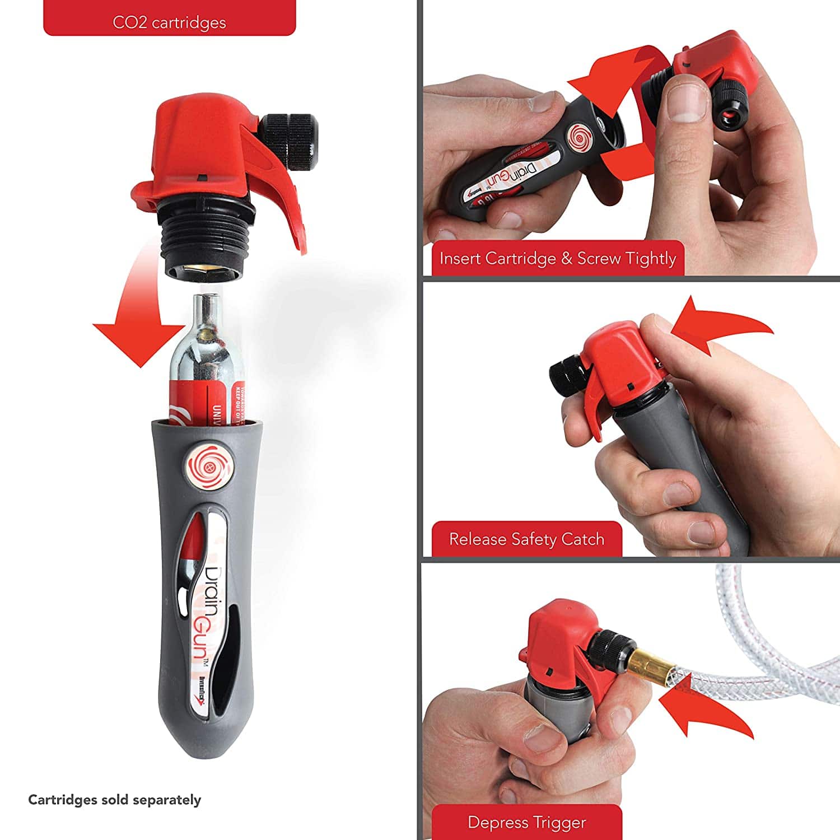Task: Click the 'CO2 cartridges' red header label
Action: pos(169,22)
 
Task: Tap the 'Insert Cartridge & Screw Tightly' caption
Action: pos(558,258)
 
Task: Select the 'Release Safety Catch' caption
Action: pos(526,539)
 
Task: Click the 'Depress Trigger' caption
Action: pos(526,822)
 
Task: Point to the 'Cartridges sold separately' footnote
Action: pos(114,799)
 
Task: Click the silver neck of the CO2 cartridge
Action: pos(206,314)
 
